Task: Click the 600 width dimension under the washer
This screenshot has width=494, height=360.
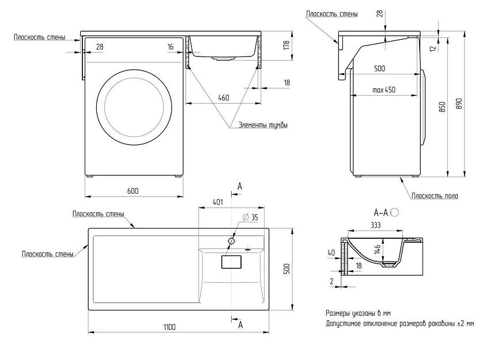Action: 133,191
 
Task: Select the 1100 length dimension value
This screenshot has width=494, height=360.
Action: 168,327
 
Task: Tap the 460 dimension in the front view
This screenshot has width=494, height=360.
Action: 223,97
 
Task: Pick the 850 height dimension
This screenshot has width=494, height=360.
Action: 442,107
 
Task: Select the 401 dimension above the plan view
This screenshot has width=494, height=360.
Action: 218,202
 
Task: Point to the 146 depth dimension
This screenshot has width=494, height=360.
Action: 376,249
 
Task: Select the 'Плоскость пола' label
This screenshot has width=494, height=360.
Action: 435,196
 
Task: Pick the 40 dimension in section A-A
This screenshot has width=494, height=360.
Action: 330,252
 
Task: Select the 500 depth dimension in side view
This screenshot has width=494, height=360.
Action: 379,69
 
